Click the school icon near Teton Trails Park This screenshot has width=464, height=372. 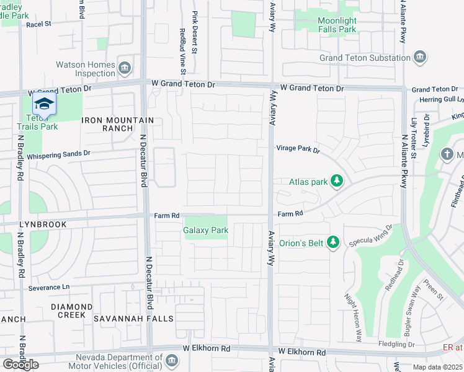(x=43, y=104)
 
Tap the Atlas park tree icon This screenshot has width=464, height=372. (x=337, y=181)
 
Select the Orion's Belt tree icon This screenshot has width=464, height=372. (x=333, y=242)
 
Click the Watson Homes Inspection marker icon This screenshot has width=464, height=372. (x=124, y=68)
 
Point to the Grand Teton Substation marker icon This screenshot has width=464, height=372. (x=421, y=58)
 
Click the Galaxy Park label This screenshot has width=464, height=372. (x=206, y=230)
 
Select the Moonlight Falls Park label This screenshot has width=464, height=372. (x=337, y=25)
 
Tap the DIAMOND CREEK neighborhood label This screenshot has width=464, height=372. (x=71, y=311)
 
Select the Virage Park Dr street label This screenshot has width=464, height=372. (x=298, y=149)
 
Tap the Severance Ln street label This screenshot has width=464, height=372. (x=49, y=288)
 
